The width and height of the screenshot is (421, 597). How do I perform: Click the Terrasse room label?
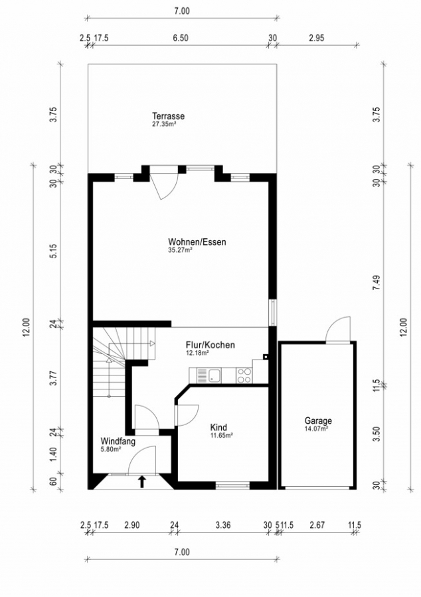click(x=169, y=115)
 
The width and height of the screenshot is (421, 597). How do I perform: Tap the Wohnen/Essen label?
click(x=197, y=241)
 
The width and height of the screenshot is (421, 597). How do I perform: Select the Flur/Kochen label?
click(x=210, y=345)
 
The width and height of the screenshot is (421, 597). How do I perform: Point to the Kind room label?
click(x=218, y=427)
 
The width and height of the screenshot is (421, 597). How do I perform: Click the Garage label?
click(x=318, y=421)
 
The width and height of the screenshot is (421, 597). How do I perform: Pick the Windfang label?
click(x=118, y=441)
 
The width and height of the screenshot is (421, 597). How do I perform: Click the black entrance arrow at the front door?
click(x=142, y=482)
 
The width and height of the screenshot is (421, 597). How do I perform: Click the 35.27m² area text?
click(x=180, y=250)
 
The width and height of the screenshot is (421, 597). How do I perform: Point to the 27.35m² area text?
click(x=164, y=124)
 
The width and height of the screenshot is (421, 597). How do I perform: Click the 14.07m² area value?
click(x=316, y=429)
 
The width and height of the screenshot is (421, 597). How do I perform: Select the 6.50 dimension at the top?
click(x=181, y=38)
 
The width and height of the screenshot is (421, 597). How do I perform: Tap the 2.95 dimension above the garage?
click(x=316, y=38)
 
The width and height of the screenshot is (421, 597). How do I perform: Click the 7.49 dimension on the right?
click(x=377, y=283)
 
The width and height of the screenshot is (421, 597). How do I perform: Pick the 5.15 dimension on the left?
click(x=54, y=251)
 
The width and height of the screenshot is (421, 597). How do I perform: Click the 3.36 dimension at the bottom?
click(x=223, y=525)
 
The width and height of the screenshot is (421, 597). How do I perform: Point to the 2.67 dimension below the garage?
click(x=317, y=525)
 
